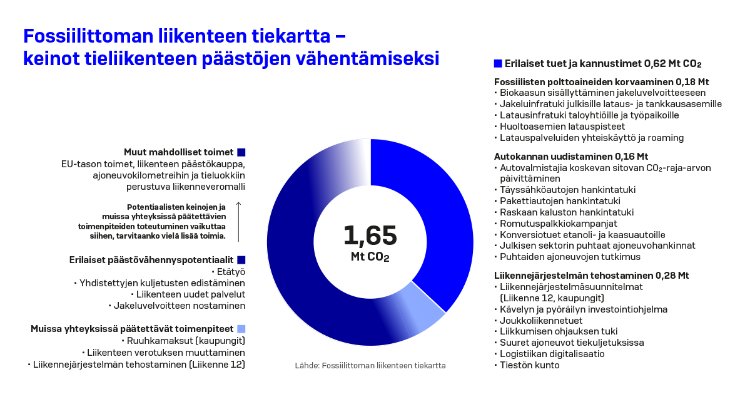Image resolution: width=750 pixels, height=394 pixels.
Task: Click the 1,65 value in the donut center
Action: coord(370,236)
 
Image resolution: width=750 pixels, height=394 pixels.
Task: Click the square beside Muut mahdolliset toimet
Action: coord(241,152)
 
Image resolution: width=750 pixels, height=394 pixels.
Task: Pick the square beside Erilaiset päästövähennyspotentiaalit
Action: coord(241,259)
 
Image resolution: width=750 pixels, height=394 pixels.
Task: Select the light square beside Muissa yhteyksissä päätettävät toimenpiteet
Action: coord(241,329)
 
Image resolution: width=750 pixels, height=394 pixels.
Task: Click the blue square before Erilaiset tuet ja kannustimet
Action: coord(498,63)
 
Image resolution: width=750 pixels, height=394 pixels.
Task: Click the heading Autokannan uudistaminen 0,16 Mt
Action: coord(571,156)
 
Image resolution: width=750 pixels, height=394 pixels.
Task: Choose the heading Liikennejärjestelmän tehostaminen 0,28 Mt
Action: coord(591,275)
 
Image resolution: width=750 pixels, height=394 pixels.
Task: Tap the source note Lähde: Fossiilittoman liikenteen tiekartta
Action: coord(370,365)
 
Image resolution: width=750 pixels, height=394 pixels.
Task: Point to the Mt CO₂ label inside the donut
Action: coord(370,257)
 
